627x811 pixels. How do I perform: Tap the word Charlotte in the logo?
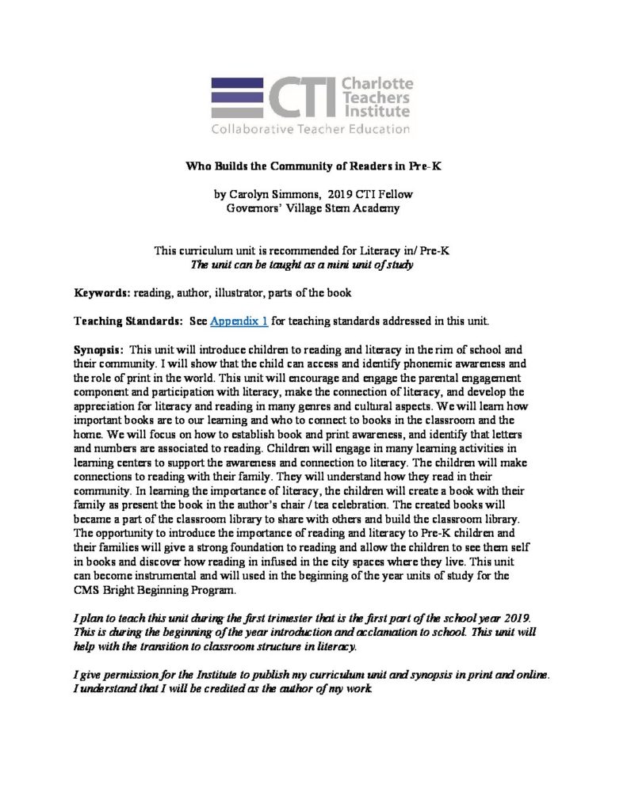click(377, 83)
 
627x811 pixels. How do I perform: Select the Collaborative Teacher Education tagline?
click(310, 128)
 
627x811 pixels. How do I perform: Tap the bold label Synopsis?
click(98, 349)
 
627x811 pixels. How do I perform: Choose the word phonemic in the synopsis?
click(362, 364)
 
